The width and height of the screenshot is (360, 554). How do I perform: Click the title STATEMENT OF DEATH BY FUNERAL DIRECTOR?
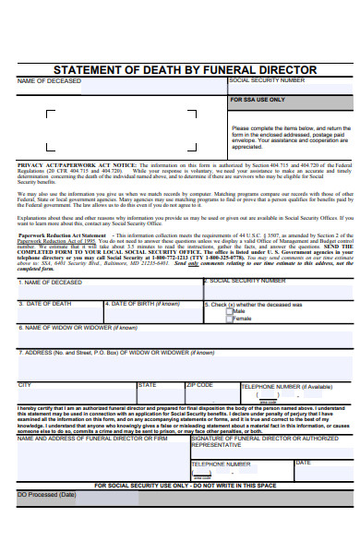(185, 70)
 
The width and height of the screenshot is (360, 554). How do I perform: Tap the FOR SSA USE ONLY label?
(258, 99)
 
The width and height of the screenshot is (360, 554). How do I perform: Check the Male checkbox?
(228, 311)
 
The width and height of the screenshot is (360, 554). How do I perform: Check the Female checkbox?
(228, 319)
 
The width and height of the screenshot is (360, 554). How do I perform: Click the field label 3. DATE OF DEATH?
(45, 304)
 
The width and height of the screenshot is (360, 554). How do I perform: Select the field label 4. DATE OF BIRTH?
(144, 304)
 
